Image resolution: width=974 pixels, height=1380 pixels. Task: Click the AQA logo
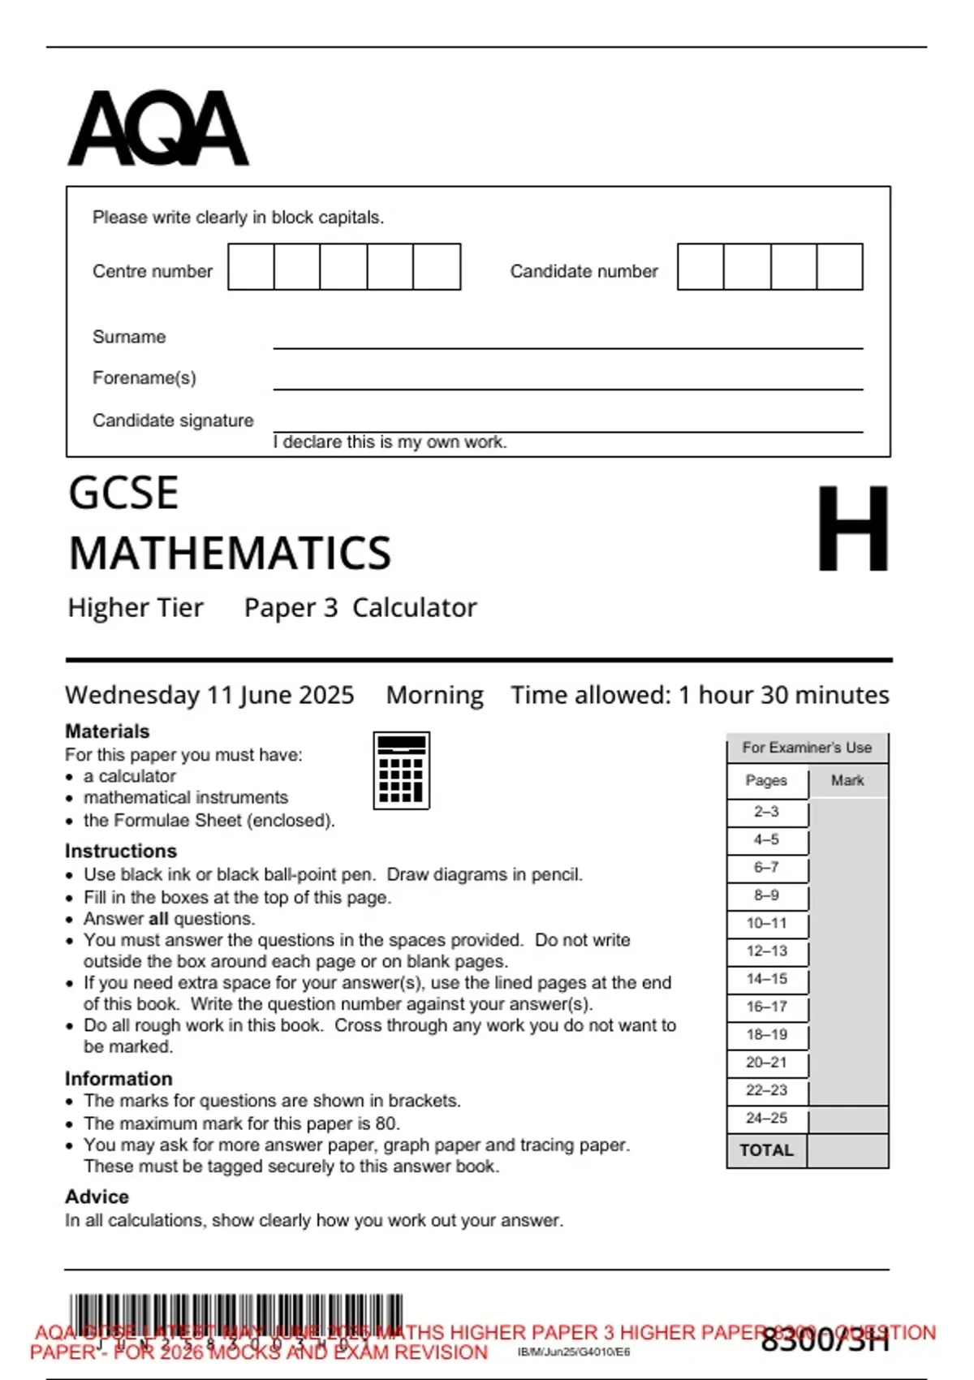[x=158, y=128]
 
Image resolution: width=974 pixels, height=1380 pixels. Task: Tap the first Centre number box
[x=251, y=267]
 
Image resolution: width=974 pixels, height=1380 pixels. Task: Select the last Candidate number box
[x=839, y=267]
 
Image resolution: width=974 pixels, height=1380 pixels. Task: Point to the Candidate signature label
[x=173, y=420]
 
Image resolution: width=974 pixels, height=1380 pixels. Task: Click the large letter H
[x=852, y=528]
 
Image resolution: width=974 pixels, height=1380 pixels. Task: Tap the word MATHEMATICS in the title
[x=230, y=554]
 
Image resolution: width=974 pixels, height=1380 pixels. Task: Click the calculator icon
[x=401, y=770]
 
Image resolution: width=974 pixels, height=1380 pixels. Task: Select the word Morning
[x=434, y=695]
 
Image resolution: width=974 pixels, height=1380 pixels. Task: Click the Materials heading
[x=107, y=731]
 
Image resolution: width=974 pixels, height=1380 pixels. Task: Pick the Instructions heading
[x=121, y=851]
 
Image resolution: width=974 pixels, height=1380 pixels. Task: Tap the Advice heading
[x=97, y=1197]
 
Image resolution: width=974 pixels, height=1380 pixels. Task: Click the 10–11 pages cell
[x=767, y=923]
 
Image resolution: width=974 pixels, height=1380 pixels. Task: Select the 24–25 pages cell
[x=767, y=1118]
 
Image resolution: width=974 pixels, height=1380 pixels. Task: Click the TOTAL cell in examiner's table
[x=766, y=1150]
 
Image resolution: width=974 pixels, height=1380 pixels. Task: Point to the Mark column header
[x=847, y=780]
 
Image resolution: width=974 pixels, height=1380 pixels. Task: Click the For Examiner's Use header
[x=807, y=748]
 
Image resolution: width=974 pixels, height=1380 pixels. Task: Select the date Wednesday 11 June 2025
[x=209, y=695]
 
